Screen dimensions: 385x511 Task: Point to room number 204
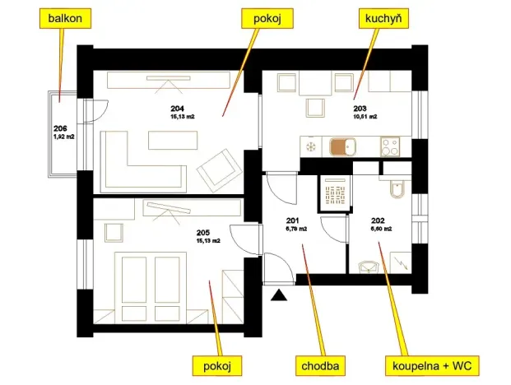[x=178, y=109]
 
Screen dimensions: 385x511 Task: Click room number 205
[x=202, y=233]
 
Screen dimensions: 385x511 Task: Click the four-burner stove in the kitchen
[x=390, y=147]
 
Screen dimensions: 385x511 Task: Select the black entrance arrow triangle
[x=280, y=293]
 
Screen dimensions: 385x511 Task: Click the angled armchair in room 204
[x=216, y=168]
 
